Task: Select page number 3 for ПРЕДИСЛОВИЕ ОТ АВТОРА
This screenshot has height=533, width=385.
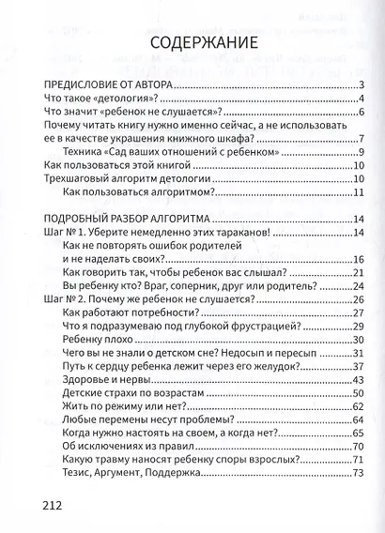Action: pyautogui.click(x=361, y=86)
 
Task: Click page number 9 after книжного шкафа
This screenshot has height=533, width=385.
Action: pyautogui.click(x=361, y=138)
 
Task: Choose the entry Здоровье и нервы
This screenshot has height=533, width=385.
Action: pyautogui.click(x=118, y=378)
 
